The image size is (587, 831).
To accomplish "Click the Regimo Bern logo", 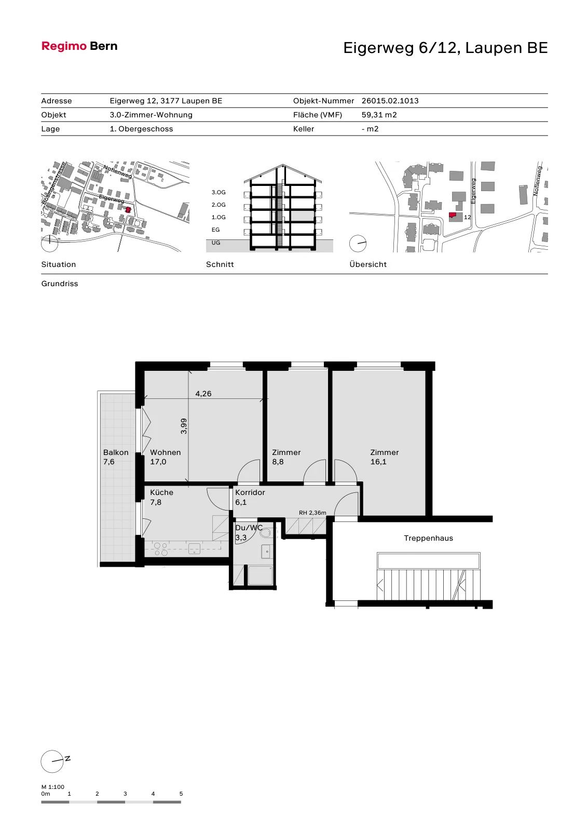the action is (79, 46).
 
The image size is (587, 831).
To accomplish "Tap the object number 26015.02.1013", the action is (390, 101).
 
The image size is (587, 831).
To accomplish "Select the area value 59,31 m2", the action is (379, 115).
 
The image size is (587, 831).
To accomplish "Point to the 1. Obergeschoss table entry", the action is (141, 129).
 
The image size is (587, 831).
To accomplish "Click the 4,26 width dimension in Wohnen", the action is (203, 394).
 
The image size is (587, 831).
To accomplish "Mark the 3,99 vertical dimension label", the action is (184, 426).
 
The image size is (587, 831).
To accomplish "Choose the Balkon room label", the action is (116, 452).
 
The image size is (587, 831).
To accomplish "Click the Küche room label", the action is (162, 493).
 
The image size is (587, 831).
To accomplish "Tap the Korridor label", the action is (250, 493).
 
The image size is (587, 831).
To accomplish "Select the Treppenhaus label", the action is (428, 538).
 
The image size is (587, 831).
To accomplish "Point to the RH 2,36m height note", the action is (312, 513).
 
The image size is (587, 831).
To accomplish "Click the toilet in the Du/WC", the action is (266, 533).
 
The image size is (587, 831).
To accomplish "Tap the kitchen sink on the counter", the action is (194, 548).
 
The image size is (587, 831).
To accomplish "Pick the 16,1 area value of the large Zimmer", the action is (378, 462).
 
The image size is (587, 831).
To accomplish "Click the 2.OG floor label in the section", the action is (219, 205).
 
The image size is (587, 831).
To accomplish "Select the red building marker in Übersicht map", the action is (453, 215).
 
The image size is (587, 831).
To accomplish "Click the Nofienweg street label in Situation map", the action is (117, 171).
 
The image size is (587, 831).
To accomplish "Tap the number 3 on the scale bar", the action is (125, 794).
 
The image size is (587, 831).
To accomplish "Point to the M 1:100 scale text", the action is (52, 787).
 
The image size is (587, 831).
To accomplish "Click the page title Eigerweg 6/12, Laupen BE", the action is (445, 48).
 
